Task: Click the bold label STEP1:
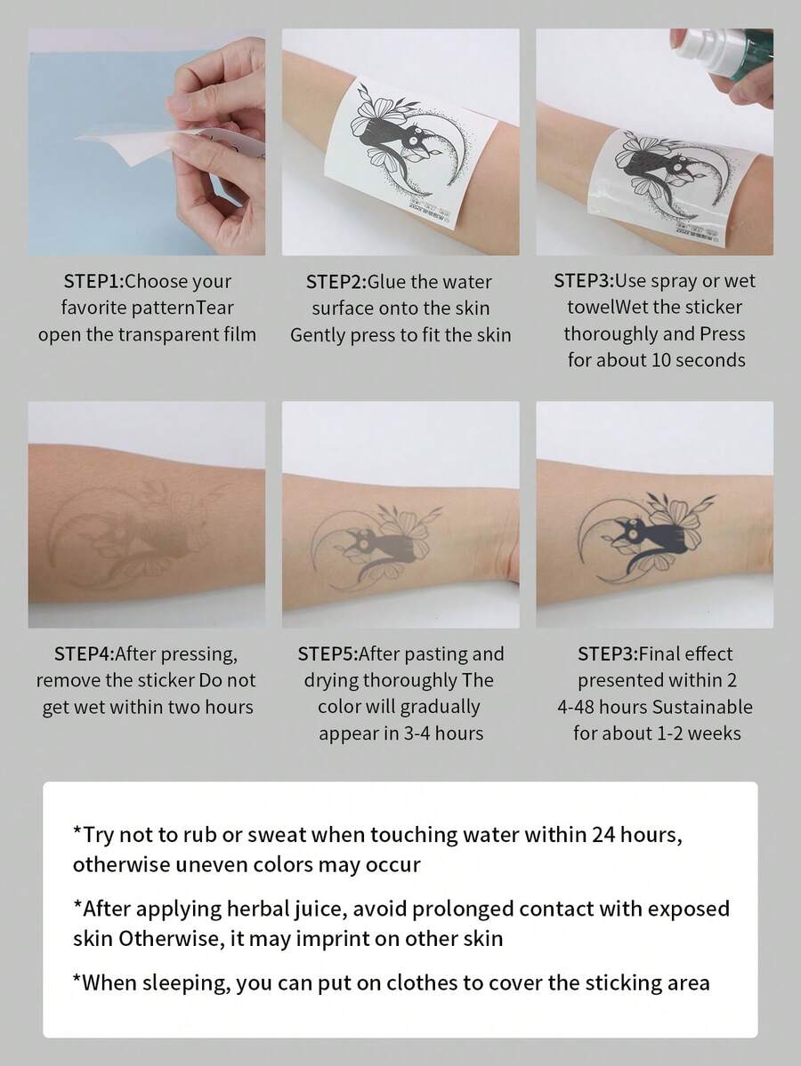tap(93, 282)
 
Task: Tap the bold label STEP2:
tap(336, 282)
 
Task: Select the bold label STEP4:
tap(84, 654)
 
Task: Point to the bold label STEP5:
tap(327, 654)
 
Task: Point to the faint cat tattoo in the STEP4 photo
tap(133, 533)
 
